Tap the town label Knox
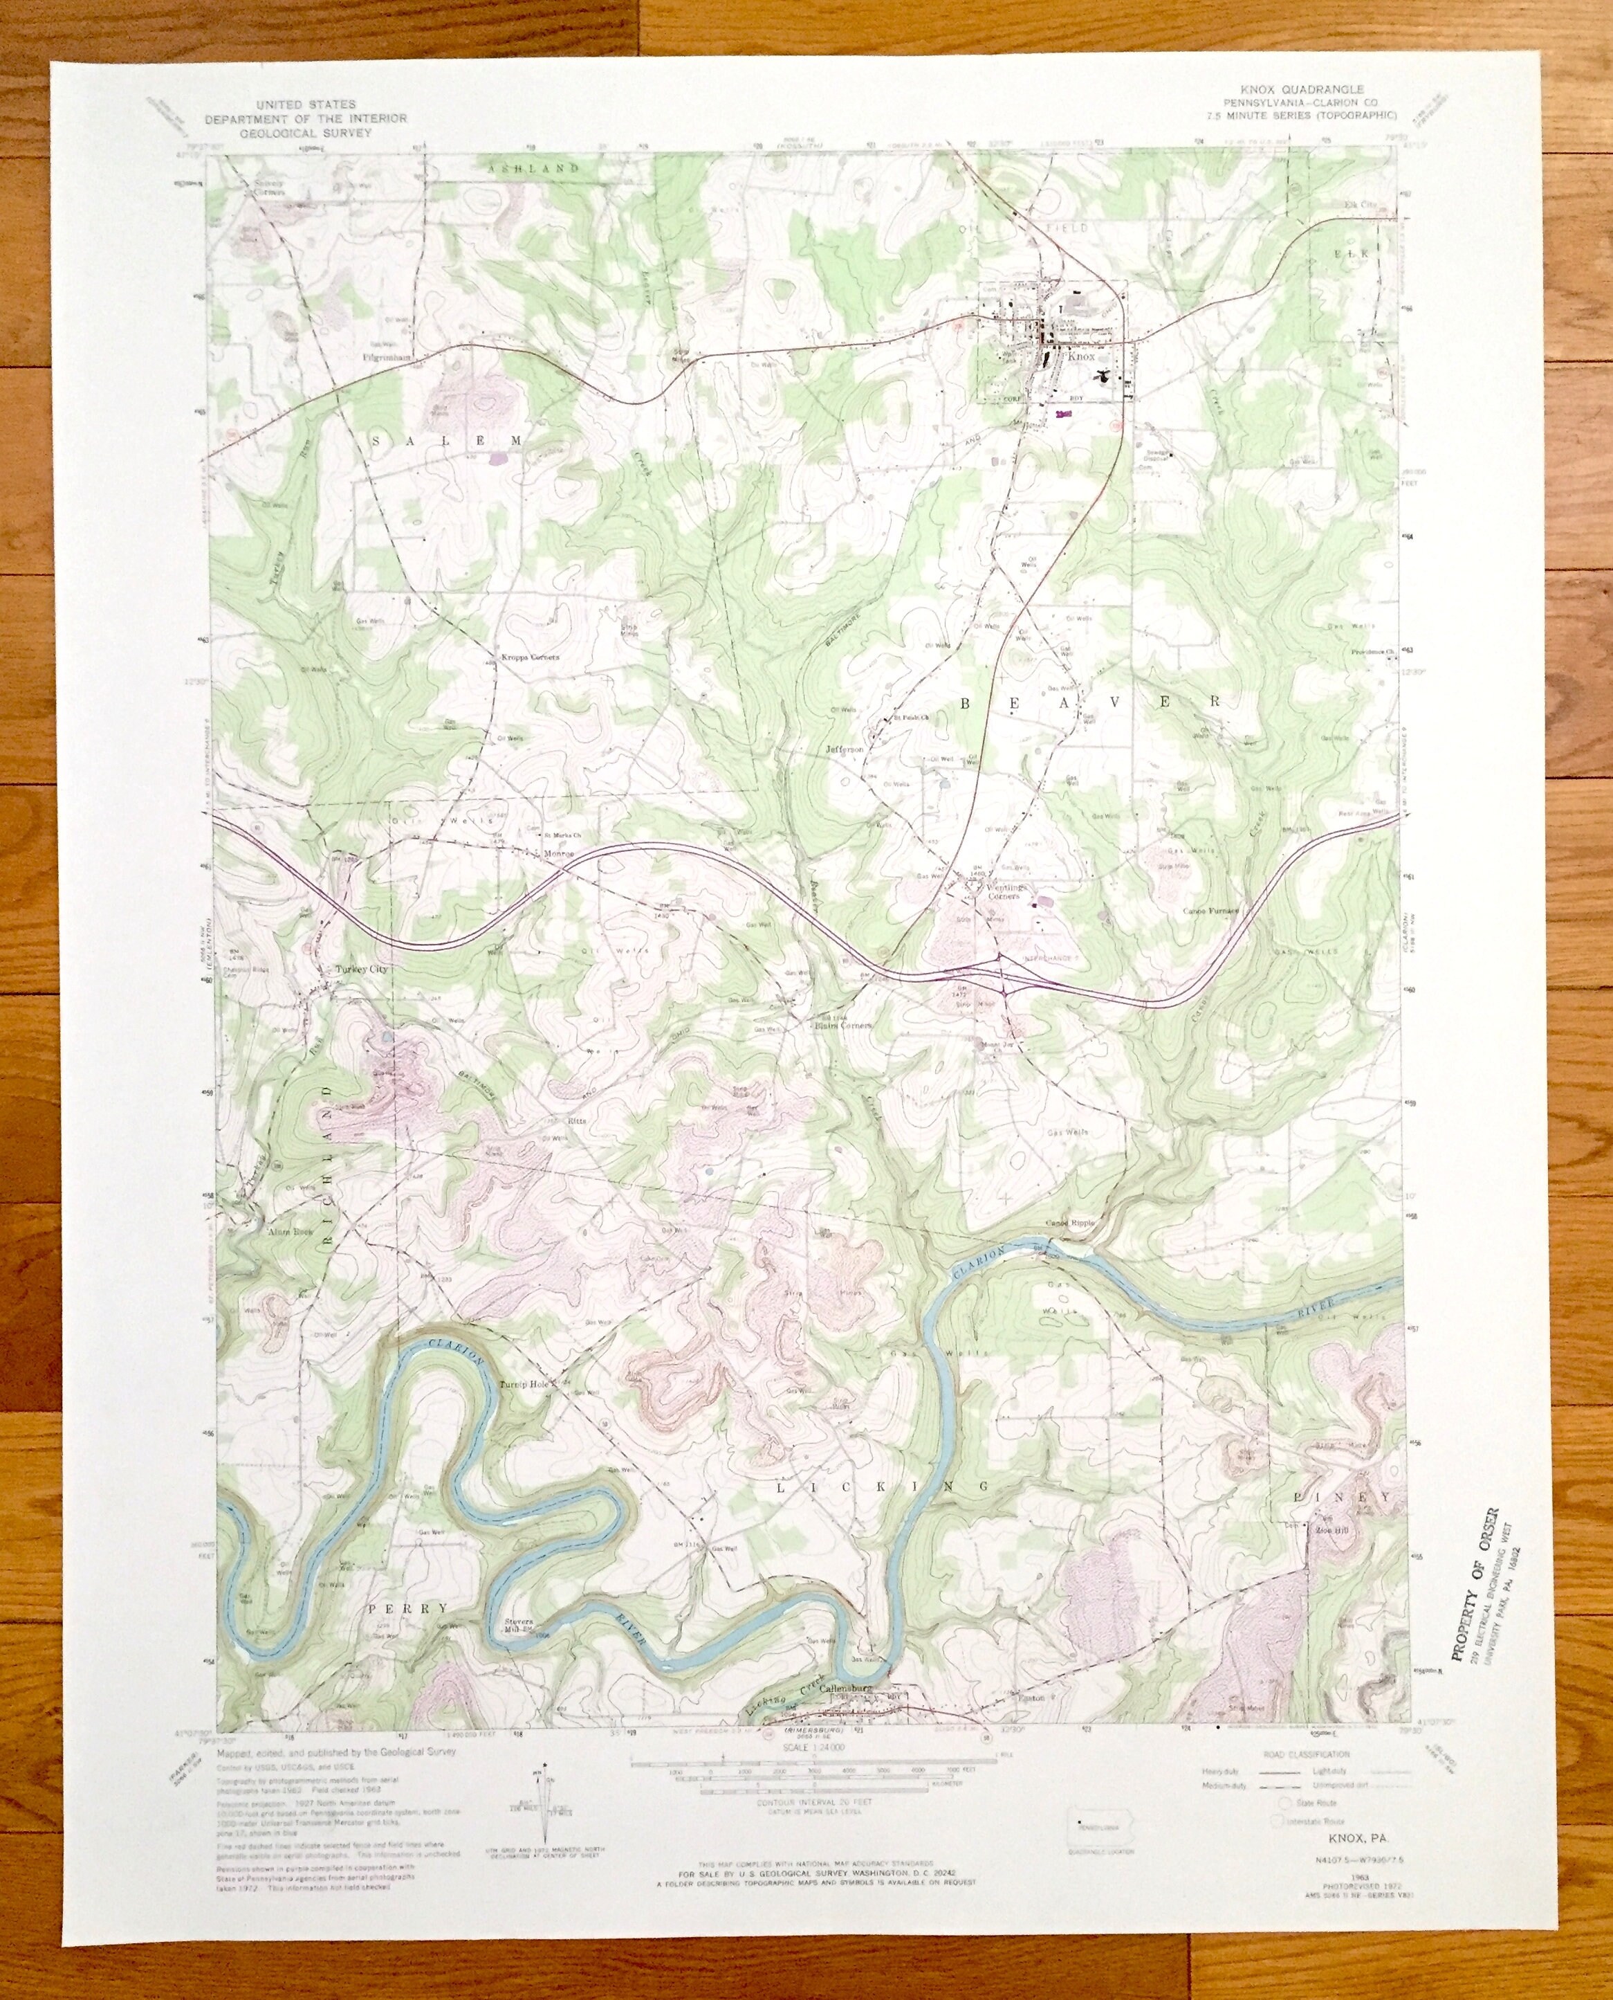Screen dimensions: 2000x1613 tap(1082, 357)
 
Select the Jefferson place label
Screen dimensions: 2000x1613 tap(844, 748)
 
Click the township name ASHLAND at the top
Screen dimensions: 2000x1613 tap(534, 168)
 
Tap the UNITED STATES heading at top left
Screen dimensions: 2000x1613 tap(306, 107)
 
